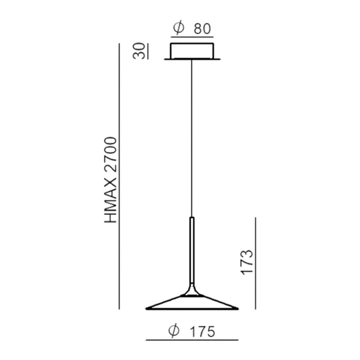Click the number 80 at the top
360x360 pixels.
click(202, 29)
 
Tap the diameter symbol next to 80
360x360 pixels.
click(177, 29)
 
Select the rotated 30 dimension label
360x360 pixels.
click(139, 52)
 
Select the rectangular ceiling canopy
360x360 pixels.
click(193, 52)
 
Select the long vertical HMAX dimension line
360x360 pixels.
click(120, 177)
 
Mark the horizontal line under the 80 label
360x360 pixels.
click(192, 39)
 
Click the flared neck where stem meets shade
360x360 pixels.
click(192, 291)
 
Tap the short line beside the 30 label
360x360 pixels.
click(148, 52)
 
